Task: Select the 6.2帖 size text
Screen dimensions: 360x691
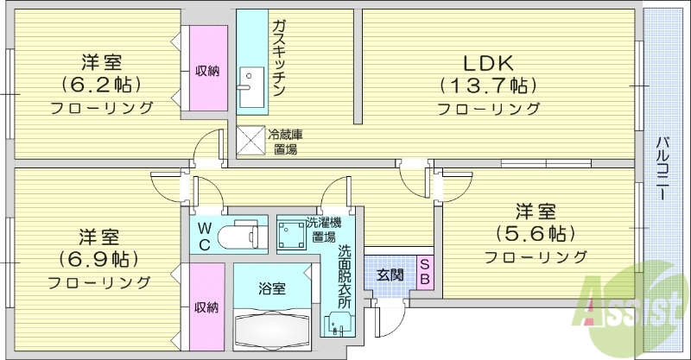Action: (101, 85)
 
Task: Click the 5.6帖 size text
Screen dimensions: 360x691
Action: (536, 233)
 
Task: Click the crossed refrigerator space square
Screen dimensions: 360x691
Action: (250, 141)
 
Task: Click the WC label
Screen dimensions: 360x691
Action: (204, 235)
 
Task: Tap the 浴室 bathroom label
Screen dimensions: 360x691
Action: (272, 288)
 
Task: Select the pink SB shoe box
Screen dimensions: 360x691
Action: (425, 273)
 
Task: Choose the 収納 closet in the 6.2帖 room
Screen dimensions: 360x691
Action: (206, 70)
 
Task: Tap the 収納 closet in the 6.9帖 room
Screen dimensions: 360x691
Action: (206, 306)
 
